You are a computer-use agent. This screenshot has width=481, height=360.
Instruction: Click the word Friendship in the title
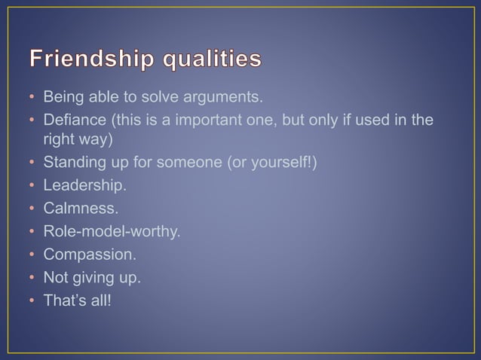93,59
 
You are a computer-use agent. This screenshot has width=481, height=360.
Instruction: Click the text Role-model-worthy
112,231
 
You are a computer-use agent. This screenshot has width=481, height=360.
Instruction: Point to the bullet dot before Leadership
32,186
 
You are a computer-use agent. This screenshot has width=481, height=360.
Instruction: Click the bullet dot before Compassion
32,255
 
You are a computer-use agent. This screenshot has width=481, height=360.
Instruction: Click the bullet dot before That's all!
32,301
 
